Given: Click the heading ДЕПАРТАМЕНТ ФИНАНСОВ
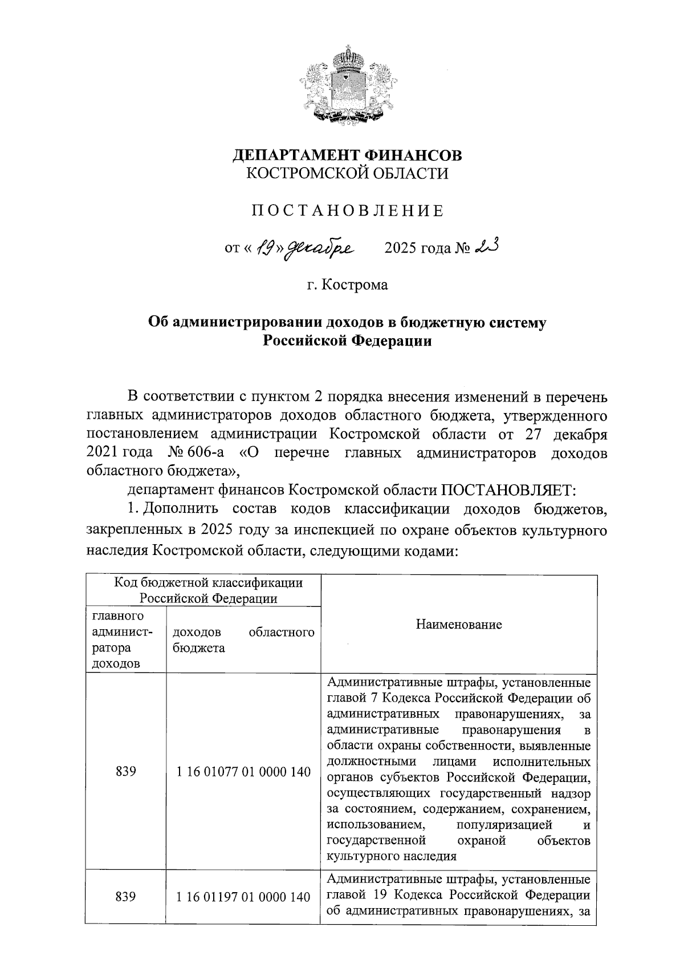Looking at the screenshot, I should coord(348,155).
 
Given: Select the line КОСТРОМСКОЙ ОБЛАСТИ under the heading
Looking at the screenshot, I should coord(347,173).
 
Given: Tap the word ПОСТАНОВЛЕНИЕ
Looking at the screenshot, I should coord(347,211).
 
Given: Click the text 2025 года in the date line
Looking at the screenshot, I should coord(417,249).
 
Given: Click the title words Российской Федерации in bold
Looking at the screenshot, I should coord(347,341).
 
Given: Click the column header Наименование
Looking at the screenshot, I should coord(458,624).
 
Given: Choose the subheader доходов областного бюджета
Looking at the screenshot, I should coord(243,640).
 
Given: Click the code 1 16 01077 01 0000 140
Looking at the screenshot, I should coord(243,772).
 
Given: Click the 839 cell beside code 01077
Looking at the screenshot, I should coord(125,772).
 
